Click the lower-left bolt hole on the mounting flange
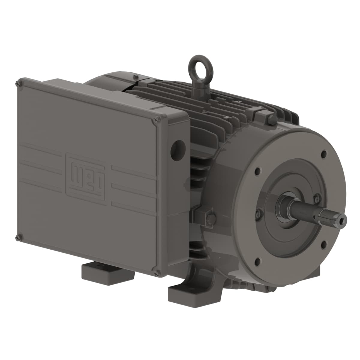pos(257,261)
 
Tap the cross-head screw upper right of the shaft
pos(315,198)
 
